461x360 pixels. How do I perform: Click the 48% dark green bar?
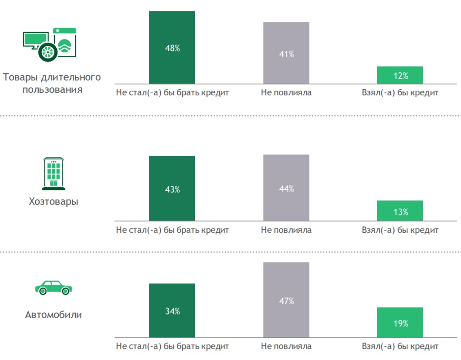pos(172,47)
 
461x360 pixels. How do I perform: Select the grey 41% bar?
pos(286,53)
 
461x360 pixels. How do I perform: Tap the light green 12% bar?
pos(400,75)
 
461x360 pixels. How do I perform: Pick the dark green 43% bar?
pos(172,188)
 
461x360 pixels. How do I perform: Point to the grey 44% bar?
pos(286,187)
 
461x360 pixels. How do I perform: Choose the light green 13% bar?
pos(400,211)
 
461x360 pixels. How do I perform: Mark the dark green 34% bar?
pos(172,310)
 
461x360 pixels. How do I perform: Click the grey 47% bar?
pos(286,300)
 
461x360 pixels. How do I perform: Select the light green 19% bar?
pos(400,323)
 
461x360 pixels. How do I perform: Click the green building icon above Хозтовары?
pos(53,173)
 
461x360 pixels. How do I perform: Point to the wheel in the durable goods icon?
pos(47,51)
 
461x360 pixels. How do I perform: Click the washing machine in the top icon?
pos(65,42)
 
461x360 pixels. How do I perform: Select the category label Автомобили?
pos(54,315)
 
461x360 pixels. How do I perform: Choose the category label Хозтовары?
pos(54,201)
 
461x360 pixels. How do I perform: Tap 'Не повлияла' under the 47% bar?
pos(286,346)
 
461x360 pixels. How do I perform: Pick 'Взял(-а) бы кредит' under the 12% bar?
pos(400,93)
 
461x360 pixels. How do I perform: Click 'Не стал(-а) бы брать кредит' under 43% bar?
pos(172,230)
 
